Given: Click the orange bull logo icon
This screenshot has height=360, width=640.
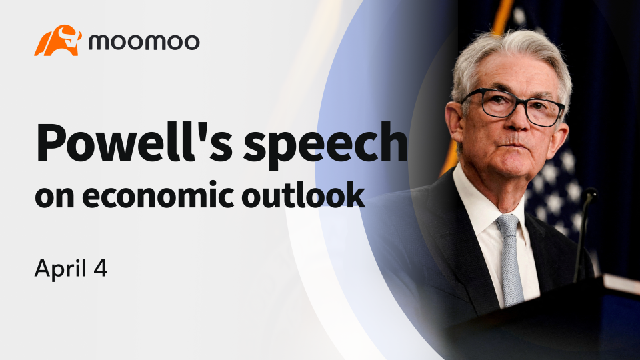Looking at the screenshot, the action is [58, 41].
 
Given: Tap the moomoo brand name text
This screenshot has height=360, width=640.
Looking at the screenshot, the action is [144, 42].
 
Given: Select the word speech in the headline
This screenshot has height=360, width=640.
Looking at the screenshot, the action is [325, 146].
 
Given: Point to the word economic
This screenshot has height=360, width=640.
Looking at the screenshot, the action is [159, 196].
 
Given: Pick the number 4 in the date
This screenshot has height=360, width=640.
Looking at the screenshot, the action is [101, 269].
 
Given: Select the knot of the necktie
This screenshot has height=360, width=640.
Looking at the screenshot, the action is [507, 225].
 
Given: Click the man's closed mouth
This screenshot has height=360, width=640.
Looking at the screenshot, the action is [513, 143].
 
